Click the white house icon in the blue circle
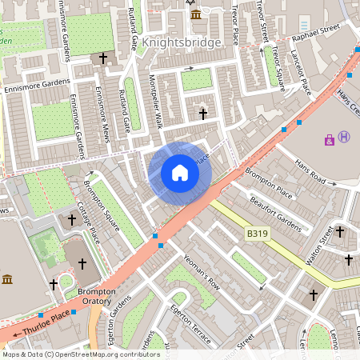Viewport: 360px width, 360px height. point(179,173)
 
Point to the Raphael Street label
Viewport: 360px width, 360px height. point(316,30)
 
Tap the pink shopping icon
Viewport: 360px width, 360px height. point(329,140)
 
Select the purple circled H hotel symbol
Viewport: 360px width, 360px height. point(344,137)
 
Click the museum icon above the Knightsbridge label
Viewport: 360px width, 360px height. point(196,14)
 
